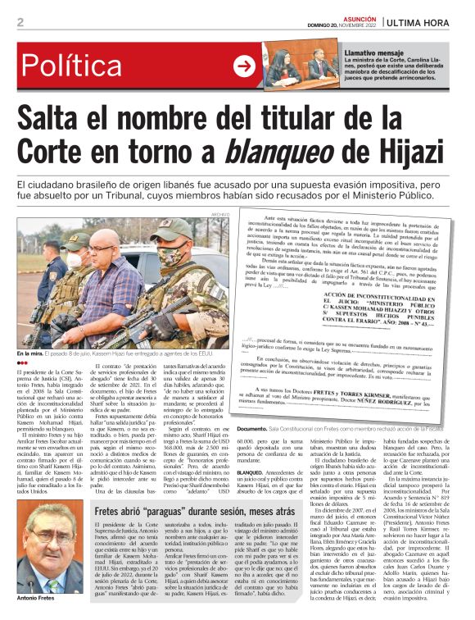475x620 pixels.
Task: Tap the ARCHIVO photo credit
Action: click(219, 215)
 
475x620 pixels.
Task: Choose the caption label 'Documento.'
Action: click(253, 428)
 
